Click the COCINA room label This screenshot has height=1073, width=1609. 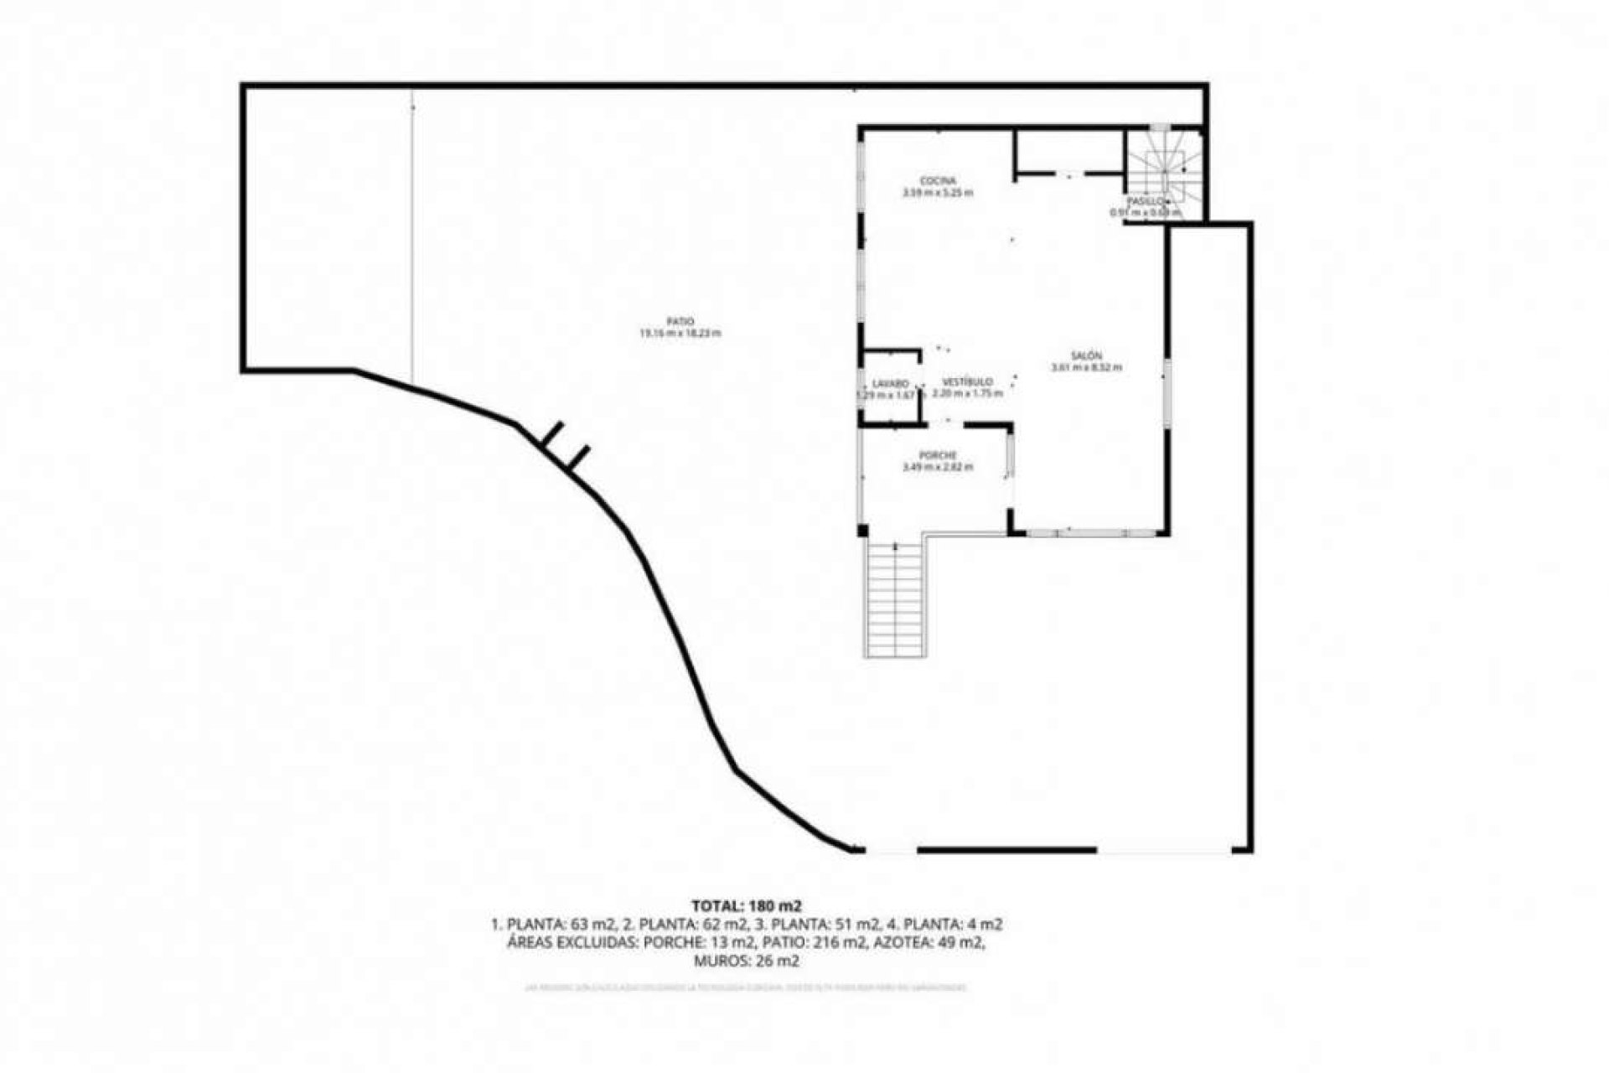coord(938,181)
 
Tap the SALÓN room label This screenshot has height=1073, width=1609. coord(1086,355)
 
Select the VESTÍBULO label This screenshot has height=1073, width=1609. coord(967,381)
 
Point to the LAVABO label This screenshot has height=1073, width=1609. coord(890,384)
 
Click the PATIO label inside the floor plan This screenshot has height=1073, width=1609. coord(680,321)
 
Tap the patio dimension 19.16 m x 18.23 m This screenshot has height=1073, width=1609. coord(680,333)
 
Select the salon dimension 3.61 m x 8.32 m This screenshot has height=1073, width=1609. coord(1086,367)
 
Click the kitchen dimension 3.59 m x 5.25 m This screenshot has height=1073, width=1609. coord(938,193)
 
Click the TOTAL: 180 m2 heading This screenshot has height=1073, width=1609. coord(746,905)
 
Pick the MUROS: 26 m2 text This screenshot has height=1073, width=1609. coord(746,962)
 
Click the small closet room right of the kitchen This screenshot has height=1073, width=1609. coord(1068,150)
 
